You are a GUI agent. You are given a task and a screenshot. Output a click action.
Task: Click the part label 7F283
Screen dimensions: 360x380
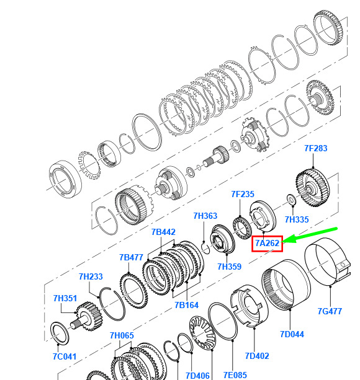[x=315, y=148]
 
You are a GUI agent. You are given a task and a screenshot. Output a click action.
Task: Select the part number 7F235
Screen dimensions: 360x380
[x=243, y=194]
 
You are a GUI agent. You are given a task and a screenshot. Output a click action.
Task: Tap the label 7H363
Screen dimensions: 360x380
[x=205, y=216]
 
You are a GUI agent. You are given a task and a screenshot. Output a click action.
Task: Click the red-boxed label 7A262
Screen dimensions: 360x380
[x=267, y=244]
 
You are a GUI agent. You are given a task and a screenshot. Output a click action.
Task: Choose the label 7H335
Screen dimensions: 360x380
[x=297, y=219]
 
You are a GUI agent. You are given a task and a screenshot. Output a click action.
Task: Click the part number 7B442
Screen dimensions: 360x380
[x=163, y=232]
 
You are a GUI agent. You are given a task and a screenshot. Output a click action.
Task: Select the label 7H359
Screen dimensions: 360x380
[x=229, y=267]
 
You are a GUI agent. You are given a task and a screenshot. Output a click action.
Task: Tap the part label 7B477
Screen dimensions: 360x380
[x=131, y=257]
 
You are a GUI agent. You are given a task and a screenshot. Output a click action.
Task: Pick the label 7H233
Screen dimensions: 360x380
[x=91, y=276]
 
